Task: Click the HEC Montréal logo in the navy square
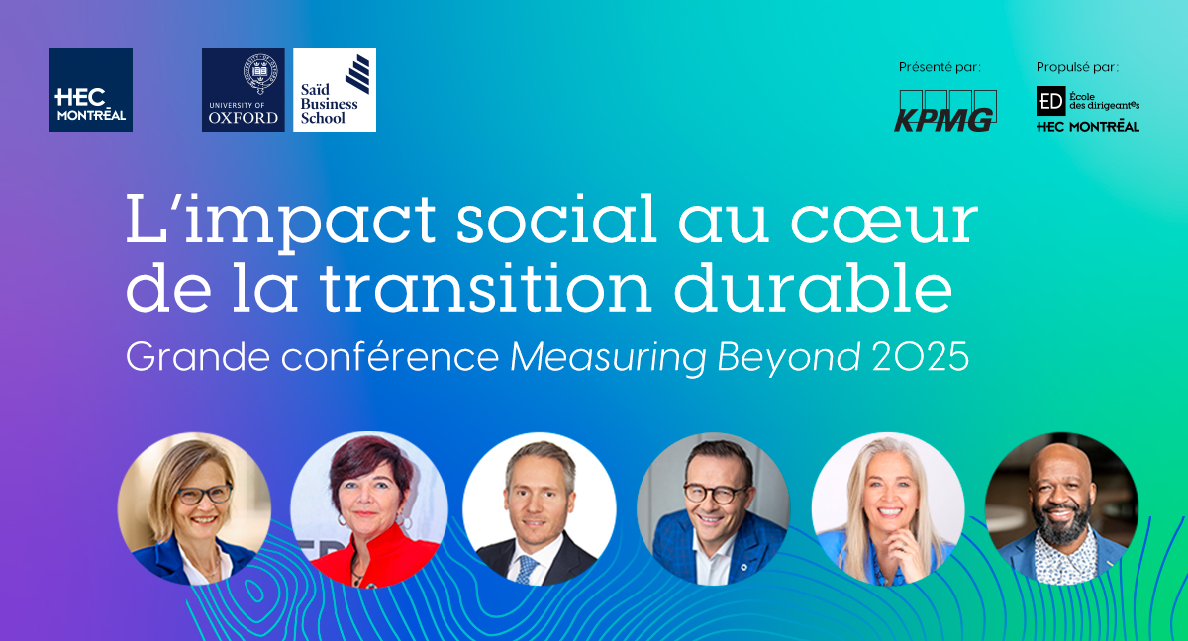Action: point(90,90)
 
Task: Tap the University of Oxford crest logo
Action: point(243,90)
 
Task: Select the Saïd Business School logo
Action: point(335,90)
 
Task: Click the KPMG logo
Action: point(944,111)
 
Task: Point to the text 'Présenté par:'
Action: point(940,67)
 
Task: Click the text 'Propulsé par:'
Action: point(1077,67)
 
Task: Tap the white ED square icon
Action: point(1050,101)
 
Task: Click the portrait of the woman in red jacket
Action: point(368,509)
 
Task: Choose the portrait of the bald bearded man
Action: point(1060,508)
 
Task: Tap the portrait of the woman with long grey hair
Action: point(887,508)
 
